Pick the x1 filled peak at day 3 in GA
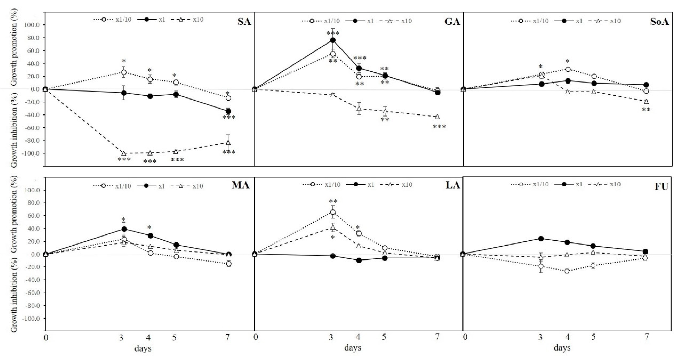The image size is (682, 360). pos(333,40)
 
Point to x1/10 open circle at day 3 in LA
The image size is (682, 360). pos(333,212)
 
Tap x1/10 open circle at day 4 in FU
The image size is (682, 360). pos(567,271)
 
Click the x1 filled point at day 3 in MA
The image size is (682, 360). pos(124,229)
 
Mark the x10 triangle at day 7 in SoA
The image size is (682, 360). pos(646,101)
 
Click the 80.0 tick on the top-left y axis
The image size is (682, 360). pos(32,38)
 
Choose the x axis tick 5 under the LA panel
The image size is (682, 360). pos(384,337)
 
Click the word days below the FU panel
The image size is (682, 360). pos(562,347)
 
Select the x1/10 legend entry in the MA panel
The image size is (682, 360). pos(112,186)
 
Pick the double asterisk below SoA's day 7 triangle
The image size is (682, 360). pos(646,110)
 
